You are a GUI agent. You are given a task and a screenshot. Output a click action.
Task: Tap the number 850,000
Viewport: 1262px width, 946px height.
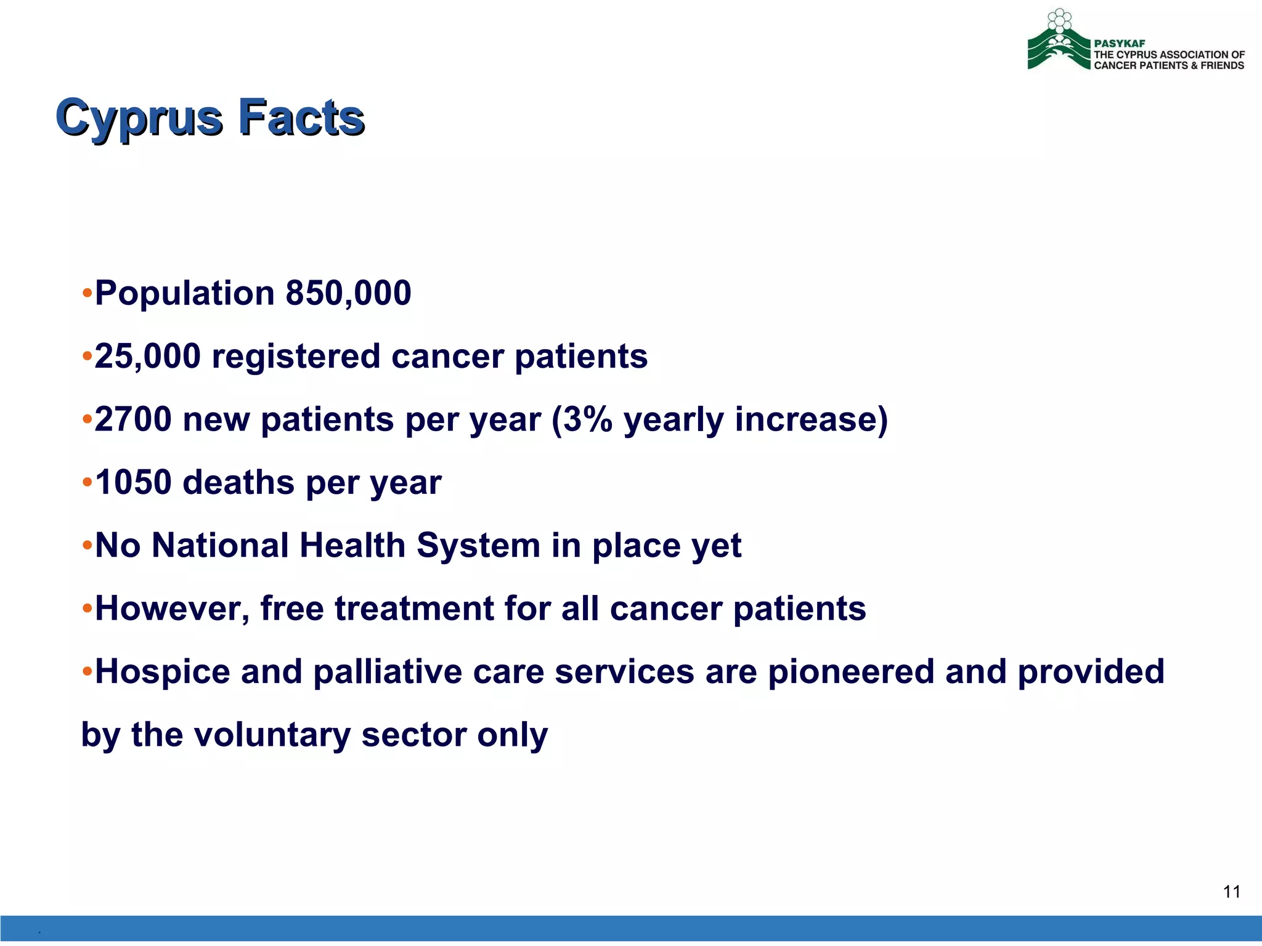click(348, 293)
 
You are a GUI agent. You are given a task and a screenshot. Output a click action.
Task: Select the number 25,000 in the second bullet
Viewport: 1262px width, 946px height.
click(147, 356)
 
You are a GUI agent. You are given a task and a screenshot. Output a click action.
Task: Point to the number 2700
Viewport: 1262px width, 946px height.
click(133, 419)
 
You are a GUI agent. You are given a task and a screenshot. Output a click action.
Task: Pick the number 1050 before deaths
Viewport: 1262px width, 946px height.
click(133, 482)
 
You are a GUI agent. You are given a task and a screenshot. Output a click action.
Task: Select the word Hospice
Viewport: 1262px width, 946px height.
click(162, 671)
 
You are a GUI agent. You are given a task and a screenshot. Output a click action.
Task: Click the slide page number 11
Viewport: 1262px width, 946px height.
click(1231, 892)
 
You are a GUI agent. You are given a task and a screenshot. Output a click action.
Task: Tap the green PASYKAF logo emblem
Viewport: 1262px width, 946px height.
click(1059, 43)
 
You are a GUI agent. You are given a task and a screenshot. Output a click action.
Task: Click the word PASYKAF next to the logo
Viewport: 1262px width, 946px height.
click(1119, 44)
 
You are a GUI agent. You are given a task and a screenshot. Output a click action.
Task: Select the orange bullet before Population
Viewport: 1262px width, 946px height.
click(87, 293)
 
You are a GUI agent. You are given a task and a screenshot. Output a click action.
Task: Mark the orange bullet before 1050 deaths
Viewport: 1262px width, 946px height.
click(87, 482)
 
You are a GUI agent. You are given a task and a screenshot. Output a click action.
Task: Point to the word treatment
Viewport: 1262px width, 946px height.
click(413, 608)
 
